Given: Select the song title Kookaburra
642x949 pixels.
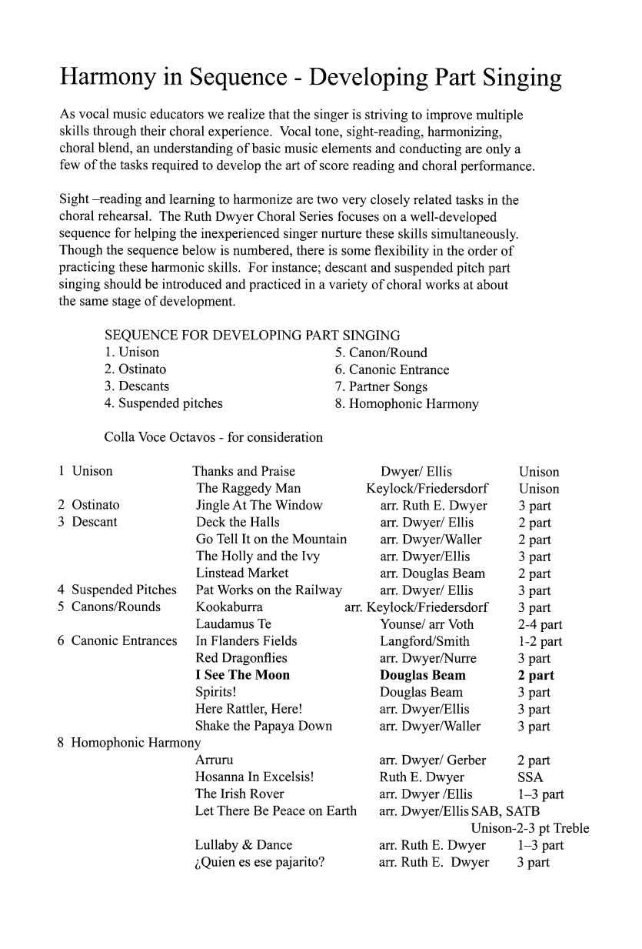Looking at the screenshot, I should [x=229, y=607].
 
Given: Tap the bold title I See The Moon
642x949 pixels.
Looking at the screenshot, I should [x=243, y=675].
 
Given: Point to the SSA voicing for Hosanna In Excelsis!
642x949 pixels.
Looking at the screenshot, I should [x=531, y=777].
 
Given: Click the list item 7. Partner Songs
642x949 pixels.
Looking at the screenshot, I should [x=381, y=386].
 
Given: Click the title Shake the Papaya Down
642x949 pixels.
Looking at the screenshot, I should [x=264, y=726].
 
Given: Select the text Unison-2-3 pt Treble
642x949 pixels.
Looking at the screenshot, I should [x=530, y=828].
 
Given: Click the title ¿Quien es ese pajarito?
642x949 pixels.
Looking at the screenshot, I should [x=259, y=862].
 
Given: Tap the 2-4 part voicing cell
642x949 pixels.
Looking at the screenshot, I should [x=540, y=624].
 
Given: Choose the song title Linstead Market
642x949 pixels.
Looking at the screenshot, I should [x=242, y=573].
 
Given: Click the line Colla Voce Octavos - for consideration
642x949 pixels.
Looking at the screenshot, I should [x=213, y=437].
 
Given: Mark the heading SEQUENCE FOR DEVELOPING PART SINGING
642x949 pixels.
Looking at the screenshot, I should [x=251, y=336].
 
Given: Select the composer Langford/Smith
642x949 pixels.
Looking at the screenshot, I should [x=424, y=641].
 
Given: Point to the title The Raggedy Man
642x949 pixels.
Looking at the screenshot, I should [x=248, y=489].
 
